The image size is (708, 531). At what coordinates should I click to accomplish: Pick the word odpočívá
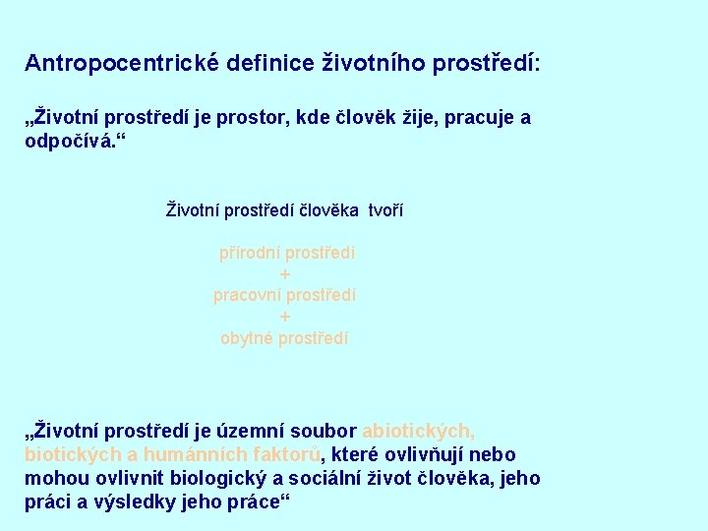pyautogui.click(x=72, y=142)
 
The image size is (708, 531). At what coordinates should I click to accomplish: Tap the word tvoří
pyautogui.click(x=386, y=210)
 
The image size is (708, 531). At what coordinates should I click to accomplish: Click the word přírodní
pyautogui.click(x=248, y=253)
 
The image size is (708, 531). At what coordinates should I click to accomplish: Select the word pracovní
pyautogui.click(x=247, y=295)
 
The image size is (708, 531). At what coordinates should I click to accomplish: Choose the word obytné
pyautogui.click(x=247, y=338)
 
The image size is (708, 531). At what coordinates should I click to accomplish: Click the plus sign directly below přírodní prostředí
pyautogui.click(x=285, y=274)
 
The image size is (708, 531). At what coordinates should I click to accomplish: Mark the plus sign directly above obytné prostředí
pyautogui.click(x=285, y=317)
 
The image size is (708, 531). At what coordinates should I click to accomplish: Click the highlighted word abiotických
pyautogui.click(x=419, y=432)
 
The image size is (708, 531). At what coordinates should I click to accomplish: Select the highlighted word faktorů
pyautogui.click(x=286, y=455)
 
